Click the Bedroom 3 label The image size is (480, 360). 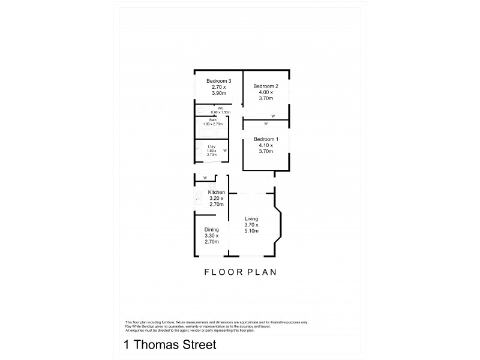pos(219,81)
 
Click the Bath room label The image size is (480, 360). pos(213,120)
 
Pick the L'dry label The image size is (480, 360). pos(211,146)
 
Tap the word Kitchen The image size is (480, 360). pos(217,192)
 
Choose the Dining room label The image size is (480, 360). pos(212,229)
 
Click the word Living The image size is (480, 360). pos(251,219)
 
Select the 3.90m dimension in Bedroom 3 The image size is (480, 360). pos(219,93)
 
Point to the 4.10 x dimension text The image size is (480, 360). pos(266,145)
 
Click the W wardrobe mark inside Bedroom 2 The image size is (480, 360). pos(273,116)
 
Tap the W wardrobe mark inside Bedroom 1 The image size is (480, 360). pos(266,124)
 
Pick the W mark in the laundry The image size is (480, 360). pos(225,151)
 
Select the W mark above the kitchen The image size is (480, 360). pos(205,178)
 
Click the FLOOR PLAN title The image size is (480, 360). pos(239,272)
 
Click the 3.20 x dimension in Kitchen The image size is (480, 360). pos(217,199)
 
